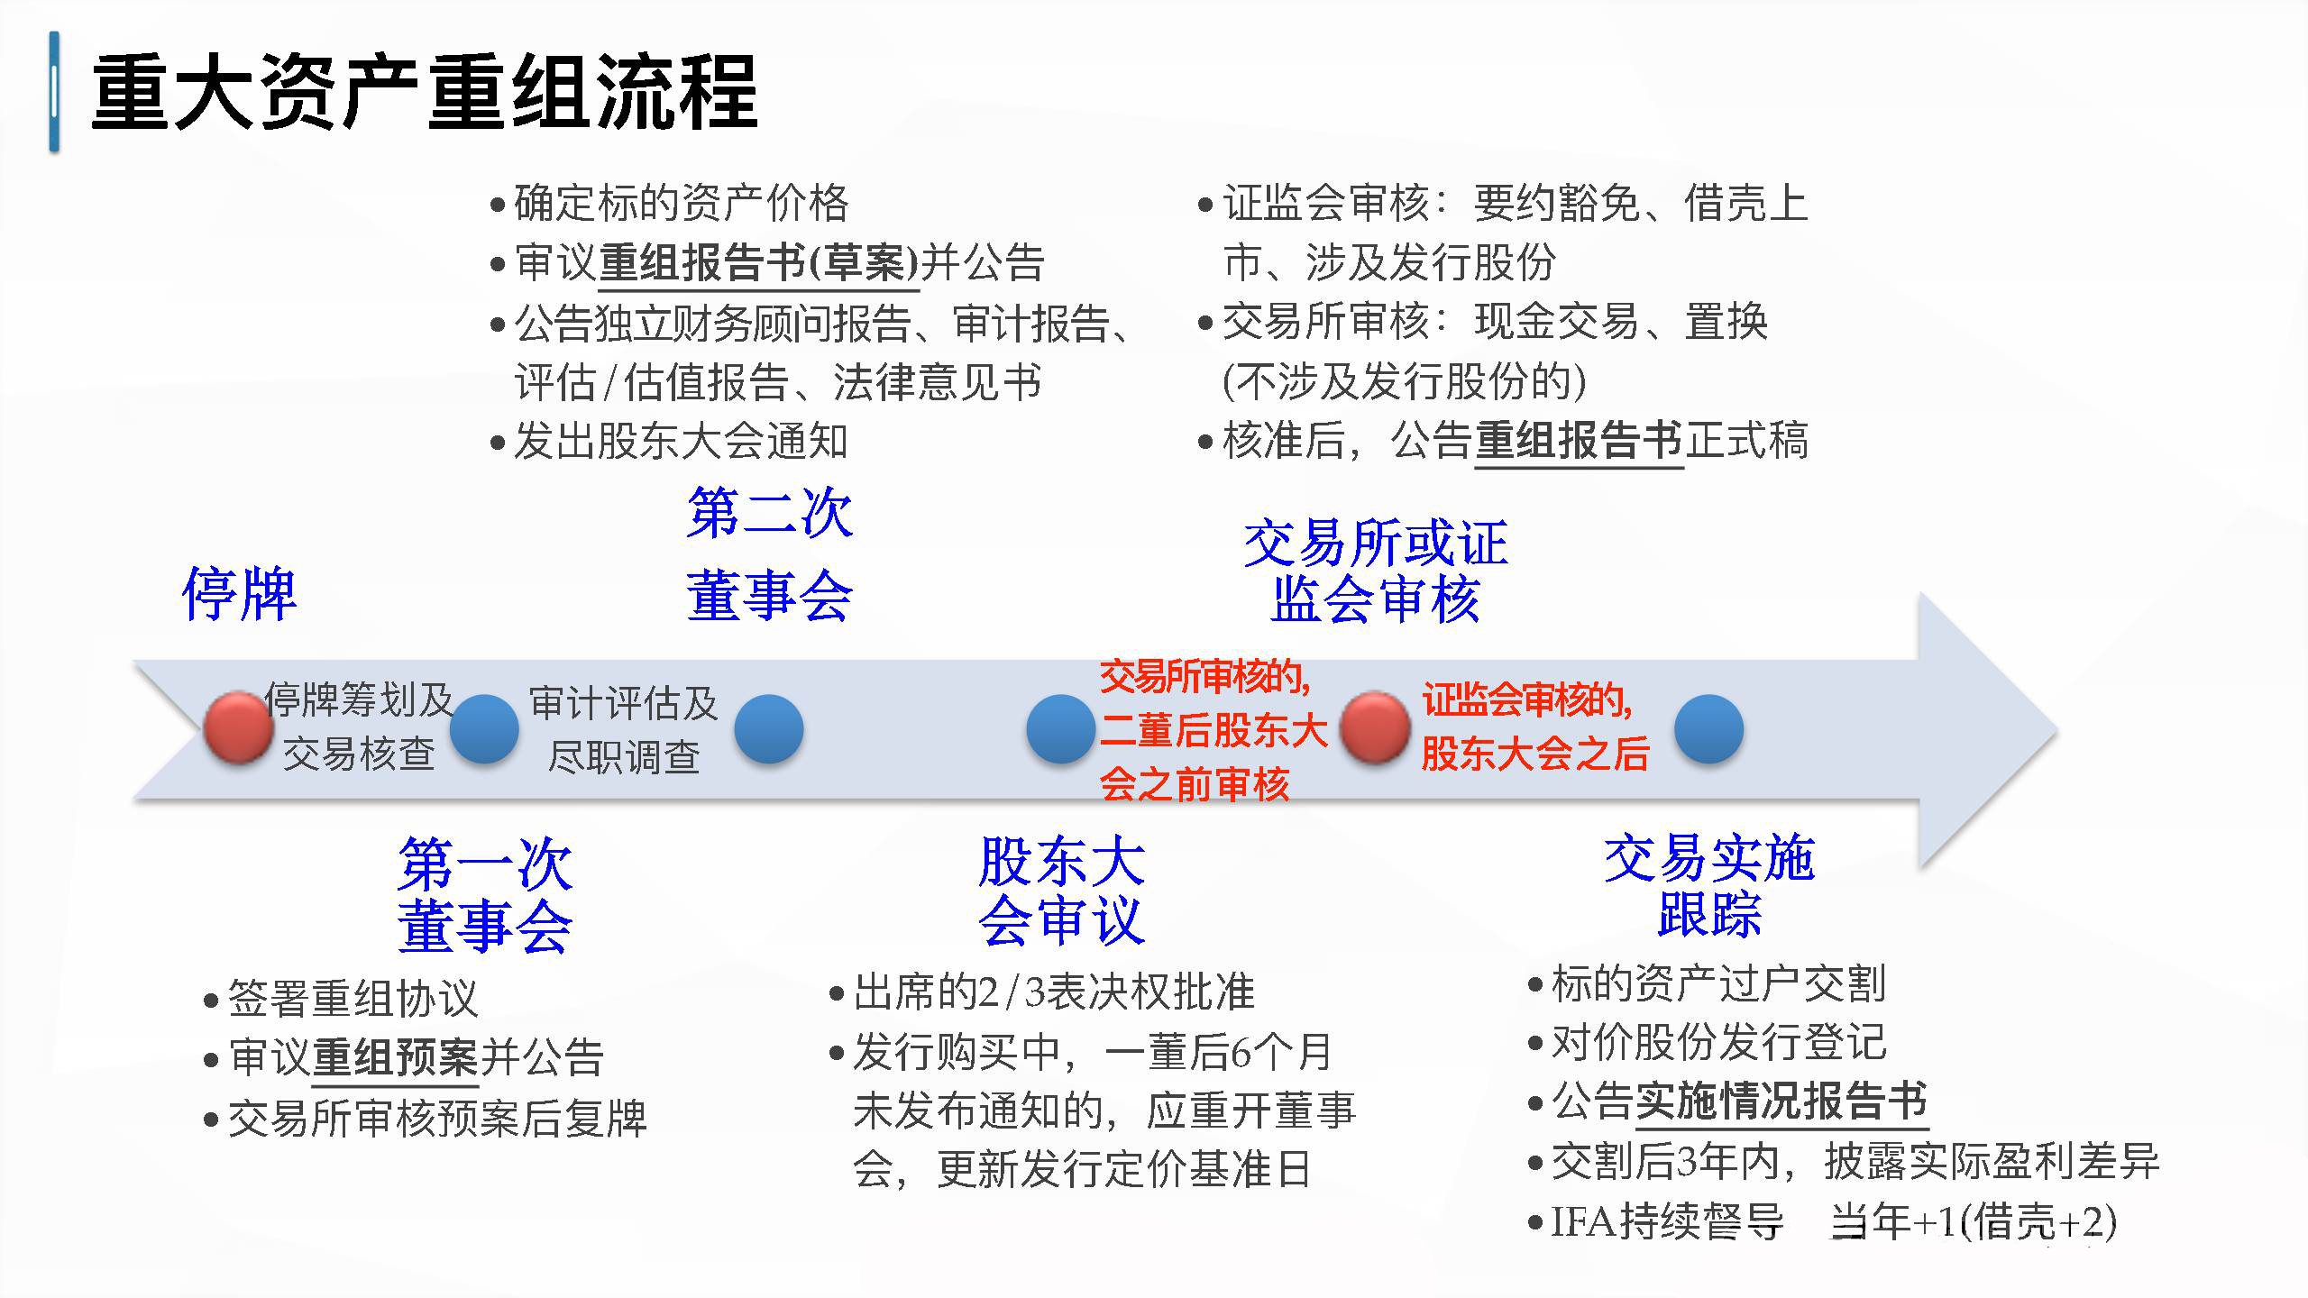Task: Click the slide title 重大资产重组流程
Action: tap(424, 93)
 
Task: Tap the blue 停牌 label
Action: tap(239, 595)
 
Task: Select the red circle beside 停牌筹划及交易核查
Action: tap(238, 727)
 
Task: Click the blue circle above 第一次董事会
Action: tap(484, 729)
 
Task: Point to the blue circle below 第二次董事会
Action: tap(769, 729)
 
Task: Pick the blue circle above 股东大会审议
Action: tap(1061, 729)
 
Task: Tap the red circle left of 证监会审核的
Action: tap(1375, 727)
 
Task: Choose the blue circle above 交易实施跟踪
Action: tap(1709, 729)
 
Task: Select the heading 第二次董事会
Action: tap(769, 554)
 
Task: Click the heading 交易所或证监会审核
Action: tap(1376, 571)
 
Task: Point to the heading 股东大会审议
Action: tap(1061, 891)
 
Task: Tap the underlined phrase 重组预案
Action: tap(395, 1057)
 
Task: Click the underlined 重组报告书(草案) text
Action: tap(758, 263)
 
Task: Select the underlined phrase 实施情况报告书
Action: tap(1781, 1101)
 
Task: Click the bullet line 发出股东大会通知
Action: tap(669, 442)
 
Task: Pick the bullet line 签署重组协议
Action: tap(341, 999)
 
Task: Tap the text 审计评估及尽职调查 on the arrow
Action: tap(624, 729)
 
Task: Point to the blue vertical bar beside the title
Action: tap(54, 92)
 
